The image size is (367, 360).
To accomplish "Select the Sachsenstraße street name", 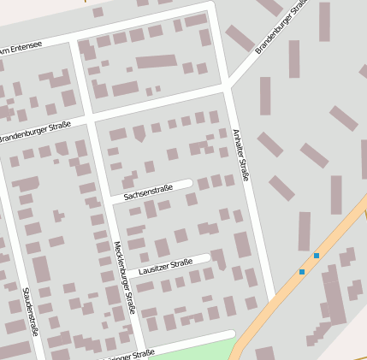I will [x=148, y=192].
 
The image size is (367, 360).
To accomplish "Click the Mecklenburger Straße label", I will [x=125, y=278].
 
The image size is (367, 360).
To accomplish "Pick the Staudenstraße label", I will [x=27, y=311].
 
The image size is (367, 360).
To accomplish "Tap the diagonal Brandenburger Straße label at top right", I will [x=281, y=27].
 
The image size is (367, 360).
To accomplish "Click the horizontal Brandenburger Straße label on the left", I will [x=34, y=132].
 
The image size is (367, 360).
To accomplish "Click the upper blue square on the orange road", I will [x=317, y=256].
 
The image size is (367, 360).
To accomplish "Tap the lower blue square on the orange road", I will [x=301, y=272].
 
